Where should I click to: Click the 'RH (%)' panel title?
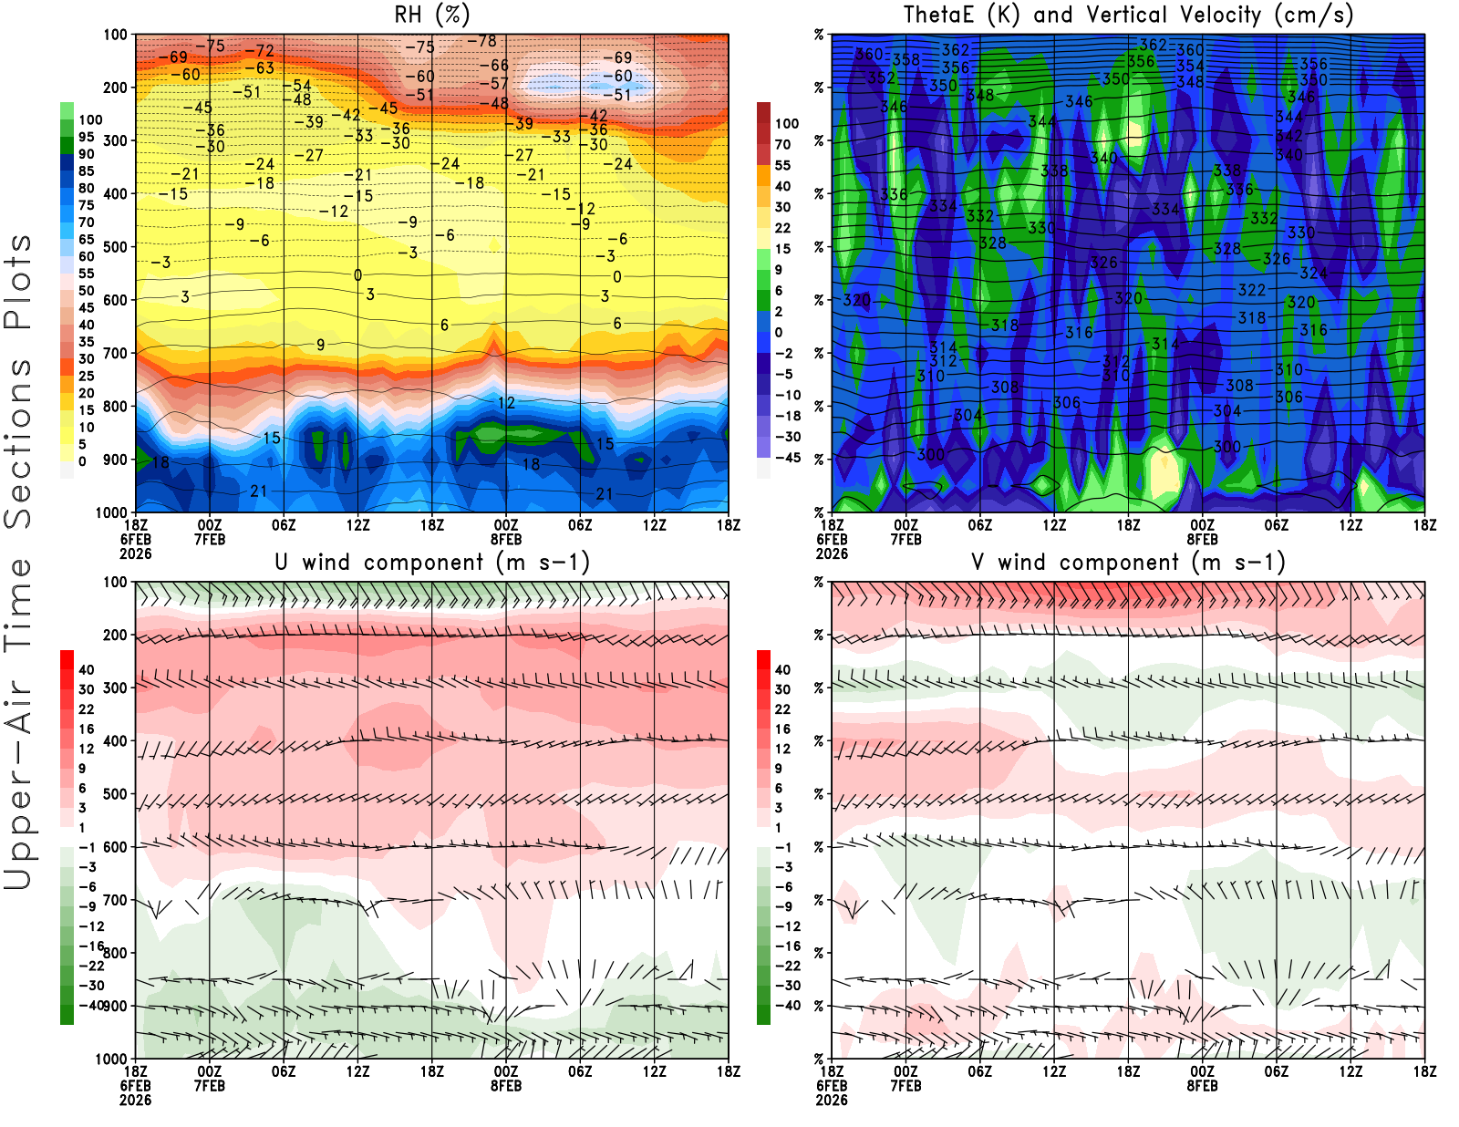point(432,15)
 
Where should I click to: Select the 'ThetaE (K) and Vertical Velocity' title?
point(1128,15)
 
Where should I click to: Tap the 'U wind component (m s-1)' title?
point(432,562)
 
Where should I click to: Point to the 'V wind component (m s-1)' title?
point(1128,562)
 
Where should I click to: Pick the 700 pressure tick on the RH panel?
point(115,353)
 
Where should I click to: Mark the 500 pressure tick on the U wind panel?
point(115,794)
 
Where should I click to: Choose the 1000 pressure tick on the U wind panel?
point(111,1059)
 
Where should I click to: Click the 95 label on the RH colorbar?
point(86,137)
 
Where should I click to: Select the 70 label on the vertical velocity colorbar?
point(782,144)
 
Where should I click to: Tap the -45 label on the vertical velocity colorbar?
point(787,458)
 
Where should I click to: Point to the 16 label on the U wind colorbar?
point(86,729)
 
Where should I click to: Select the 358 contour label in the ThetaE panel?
point(905,59)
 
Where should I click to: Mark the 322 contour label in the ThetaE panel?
point(1251,290)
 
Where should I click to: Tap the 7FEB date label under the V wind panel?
point(905,1086)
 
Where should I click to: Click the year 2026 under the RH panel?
point(135,553)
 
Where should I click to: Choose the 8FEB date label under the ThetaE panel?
point(1202,539)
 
